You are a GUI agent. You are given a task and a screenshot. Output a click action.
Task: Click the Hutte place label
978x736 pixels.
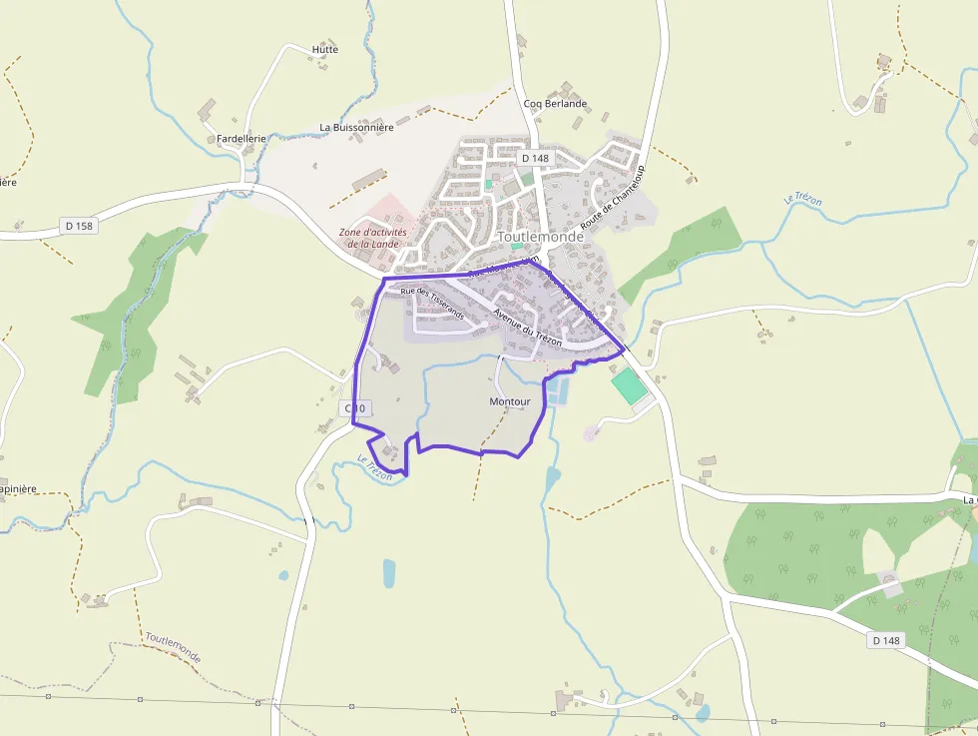(325, 49)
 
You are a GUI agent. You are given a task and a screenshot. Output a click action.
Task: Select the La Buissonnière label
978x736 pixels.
(356, 127)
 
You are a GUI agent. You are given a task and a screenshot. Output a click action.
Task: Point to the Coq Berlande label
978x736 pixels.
(555, 103)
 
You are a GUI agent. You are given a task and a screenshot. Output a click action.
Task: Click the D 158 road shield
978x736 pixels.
(79, 226)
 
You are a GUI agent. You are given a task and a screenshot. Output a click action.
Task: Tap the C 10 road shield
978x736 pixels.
(355, 408)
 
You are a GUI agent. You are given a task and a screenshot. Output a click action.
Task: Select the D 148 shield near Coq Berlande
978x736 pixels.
(535, 158)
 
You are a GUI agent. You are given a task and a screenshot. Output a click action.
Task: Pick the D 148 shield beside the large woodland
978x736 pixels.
(885, 640)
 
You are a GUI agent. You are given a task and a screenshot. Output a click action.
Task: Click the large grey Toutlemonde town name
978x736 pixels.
(540, 237)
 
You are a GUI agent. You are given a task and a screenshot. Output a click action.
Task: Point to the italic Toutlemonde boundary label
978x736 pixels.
(173, 647)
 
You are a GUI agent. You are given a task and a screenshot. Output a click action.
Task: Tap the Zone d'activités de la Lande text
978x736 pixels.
(368, 238)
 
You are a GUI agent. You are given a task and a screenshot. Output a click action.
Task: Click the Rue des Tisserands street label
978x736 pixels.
(432, 304)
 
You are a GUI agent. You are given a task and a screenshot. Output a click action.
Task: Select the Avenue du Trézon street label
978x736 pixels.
(527, 328)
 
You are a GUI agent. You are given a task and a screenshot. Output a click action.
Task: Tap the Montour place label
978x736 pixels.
(509, 401)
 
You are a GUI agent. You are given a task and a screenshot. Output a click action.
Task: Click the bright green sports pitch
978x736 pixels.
(629, 386)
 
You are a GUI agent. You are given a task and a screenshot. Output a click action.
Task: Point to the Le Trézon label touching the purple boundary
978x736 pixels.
(375, 467)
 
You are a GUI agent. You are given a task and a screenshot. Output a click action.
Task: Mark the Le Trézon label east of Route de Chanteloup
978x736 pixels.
(803, 199)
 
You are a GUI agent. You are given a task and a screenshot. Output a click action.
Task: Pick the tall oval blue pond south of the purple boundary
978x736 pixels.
(388, 573)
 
